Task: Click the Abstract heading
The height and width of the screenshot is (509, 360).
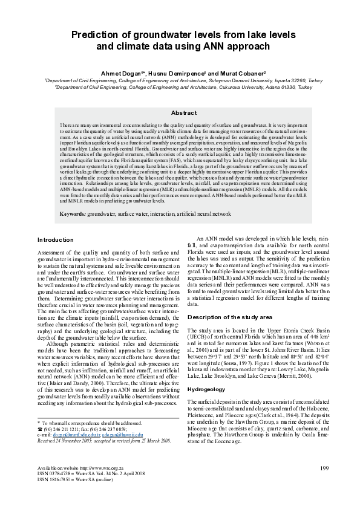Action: [x=184, y=113]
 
